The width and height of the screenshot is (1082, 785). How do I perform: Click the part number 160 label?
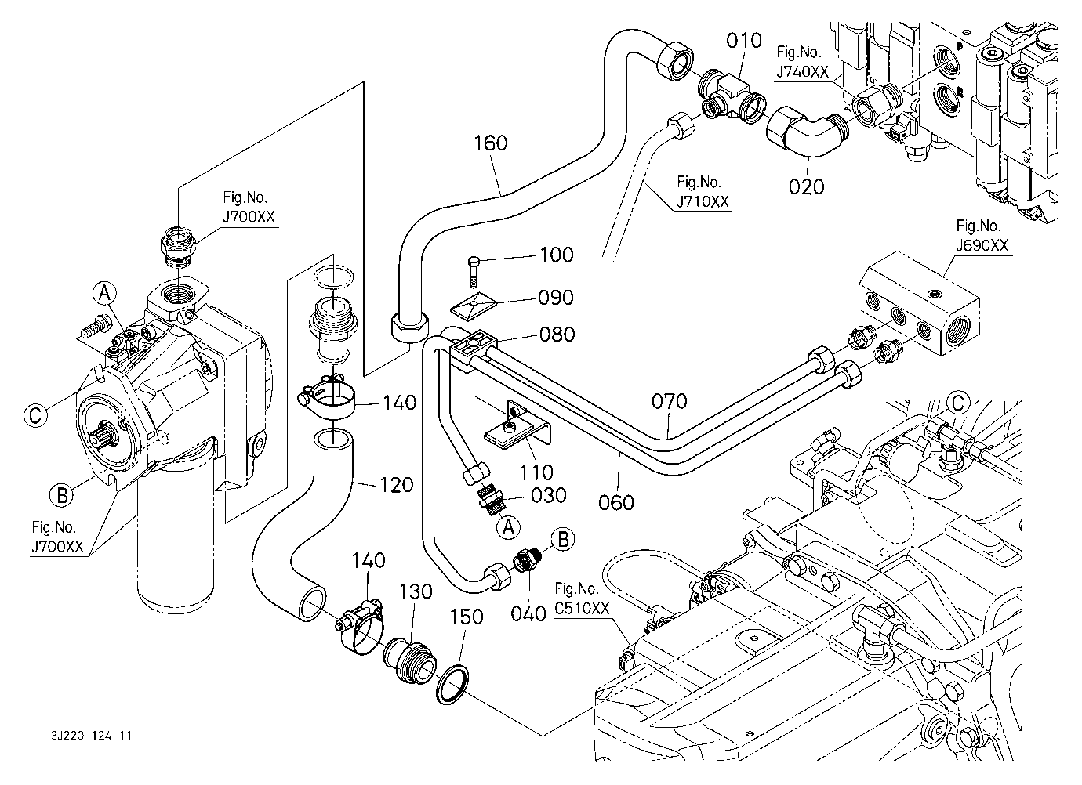coord(491,143)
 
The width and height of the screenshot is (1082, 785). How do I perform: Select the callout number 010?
coord(743,40)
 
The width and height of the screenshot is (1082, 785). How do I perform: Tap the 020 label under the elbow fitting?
coord(807,186)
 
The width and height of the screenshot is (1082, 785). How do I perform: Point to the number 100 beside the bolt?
coord(556,255)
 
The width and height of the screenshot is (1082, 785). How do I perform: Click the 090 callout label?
coord(556,298)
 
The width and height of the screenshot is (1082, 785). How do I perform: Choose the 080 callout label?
coord(557,335)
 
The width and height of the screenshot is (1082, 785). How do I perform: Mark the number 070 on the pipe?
coord(670,402)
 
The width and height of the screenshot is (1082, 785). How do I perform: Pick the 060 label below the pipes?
coord(616,501)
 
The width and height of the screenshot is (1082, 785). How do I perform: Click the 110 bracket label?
coord(538,472)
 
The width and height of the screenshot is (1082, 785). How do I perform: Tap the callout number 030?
coord(548,495)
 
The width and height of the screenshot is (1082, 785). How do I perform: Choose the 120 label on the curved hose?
coord(395,486)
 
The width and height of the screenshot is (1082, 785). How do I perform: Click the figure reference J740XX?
coord(802,72)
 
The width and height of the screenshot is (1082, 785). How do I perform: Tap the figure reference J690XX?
coord(982,245)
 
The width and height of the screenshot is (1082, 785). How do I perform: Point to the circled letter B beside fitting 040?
coord(562,539)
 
